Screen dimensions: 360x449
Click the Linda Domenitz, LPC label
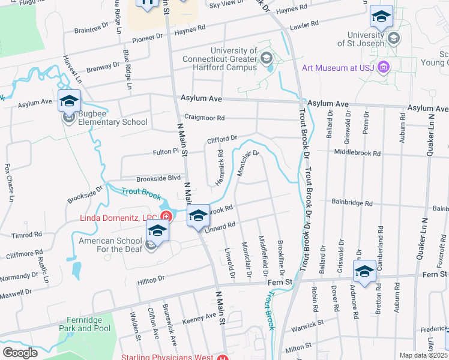[119, 217]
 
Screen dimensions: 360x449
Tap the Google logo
[20, 352]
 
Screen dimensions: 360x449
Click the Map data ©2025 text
[423, 355]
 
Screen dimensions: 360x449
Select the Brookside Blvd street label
[158, 178]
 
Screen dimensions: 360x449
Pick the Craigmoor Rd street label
[204, 118]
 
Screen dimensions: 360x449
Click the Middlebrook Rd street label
[358, 153]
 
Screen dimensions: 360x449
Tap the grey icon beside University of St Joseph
[394, 39]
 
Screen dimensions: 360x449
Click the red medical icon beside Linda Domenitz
[166, 217]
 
